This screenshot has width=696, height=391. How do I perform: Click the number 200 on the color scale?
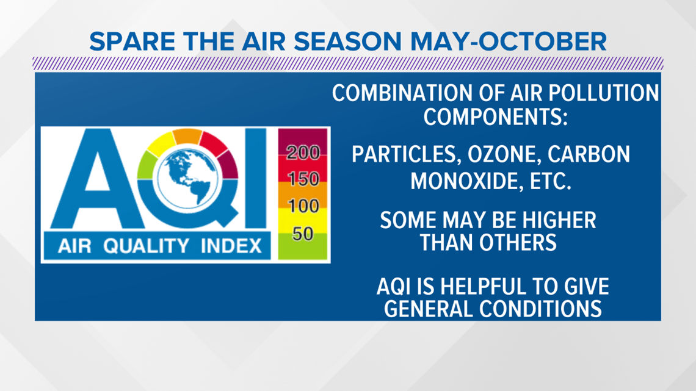(303, 152)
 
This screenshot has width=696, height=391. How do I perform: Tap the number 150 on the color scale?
(303, 179)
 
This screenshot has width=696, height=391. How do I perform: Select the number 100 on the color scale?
(303, 206)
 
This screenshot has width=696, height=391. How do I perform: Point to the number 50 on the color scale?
(303, 234)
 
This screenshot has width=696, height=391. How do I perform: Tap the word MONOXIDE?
(459, 181)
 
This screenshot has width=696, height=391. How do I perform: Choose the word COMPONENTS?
(495, 117)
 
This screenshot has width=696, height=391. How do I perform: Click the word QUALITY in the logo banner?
(146, 246)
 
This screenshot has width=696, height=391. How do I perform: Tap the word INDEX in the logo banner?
(231, 246)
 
